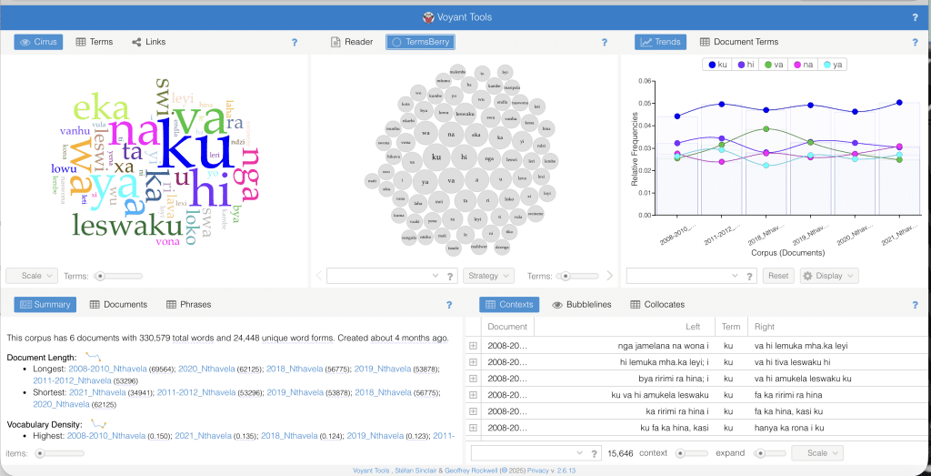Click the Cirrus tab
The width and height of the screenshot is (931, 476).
tap(38, 42)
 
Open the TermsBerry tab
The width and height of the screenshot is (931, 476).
tap(420, 42)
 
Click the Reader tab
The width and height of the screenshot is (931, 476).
tap(352, 42)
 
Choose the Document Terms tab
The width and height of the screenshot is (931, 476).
tap(739, 42)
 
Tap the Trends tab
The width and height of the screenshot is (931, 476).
tap(660, 42)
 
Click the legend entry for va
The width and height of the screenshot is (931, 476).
tap(774, 65)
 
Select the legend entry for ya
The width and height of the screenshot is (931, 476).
tap(833, 65)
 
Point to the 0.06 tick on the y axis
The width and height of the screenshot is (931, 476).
tap(644, 81)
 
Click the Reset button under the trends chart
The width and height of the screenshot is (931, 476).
tap(776, 276)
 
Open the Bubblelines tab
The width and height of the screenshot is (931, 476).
tap(582, 305)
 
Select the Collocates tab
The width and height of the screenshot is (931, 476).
tap(657, 305)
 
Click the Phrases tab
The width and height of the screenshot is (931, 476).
tap(188, 305)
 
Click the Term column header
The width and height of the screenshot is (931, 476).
tap(731, 327)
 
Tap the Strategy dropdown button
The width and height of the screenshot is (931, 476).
tap(488, 276)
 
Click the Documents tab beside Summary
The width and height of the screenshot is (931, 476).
tap(118, 305)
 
